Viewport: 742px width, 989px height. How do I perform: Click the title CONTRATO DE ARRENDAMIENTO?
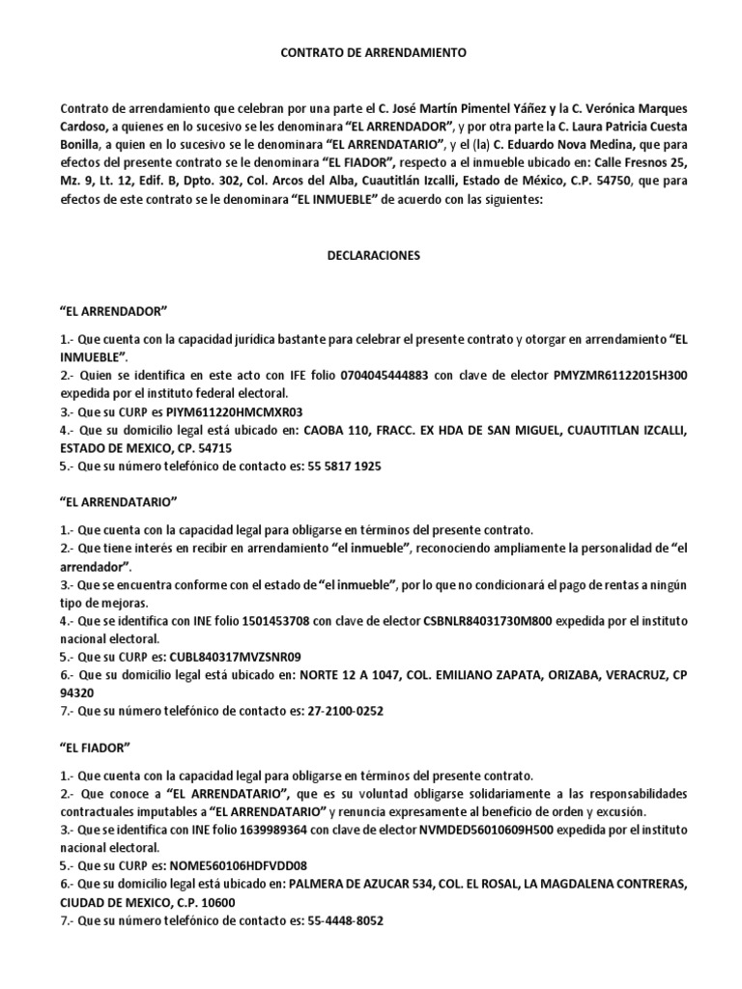click(372, 54)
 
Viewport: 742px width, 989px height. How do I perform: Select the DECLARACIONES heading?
click(372, 258)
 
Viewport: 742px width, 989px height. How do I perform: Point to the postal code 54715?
click(213, 447)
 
